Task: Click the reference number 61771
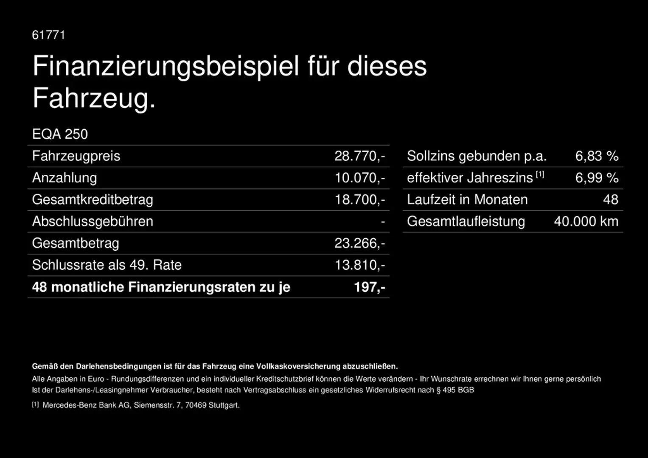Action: pyautogui.click(x=48, y=35)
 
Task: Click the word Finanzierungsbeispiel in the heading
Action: pyautogui.click(x=166, y=66)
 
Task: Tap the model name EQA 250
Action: pyautogui.click(x=60, y=134)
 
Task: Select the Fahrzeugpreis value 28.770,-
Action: pyautogui.click(x=359, y=156)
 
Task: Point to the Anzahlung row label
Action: pyautogui.click(x=65, y=178)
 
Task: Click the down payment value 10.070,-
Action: pyautogui.click(x=359, y=178)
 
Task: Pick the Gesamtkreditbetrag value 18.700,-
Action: pyautogui.click(x=359, y=199)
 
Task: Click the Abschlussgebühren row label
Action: pyautogui.click(x=93, y=221)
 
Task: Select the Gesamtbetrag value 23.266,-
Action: pyautogui.click(x=359, y=243)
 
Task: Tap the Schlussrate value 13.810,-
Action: pyautogui.click(x=359, y=265)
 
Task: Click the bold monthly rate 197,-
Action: pyautogui.click(x=369, y=287)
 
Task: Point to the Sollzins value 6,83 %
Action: pyautogui.click(x=596, y=156)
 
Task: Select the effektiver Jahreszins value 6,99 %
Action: pyautogui.click(x=596, y=178)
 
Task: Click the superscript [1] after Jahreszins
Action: pyautogui.click(x=540, y=174)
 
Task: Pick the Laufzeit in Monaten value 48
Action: pyautogui.click(x=610, y=199)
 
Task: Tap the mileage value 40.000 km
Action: pyautogui.click(x=586, y=221)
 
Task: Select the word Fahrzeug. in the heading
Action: pyautogui.click(x=94, y=98)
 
